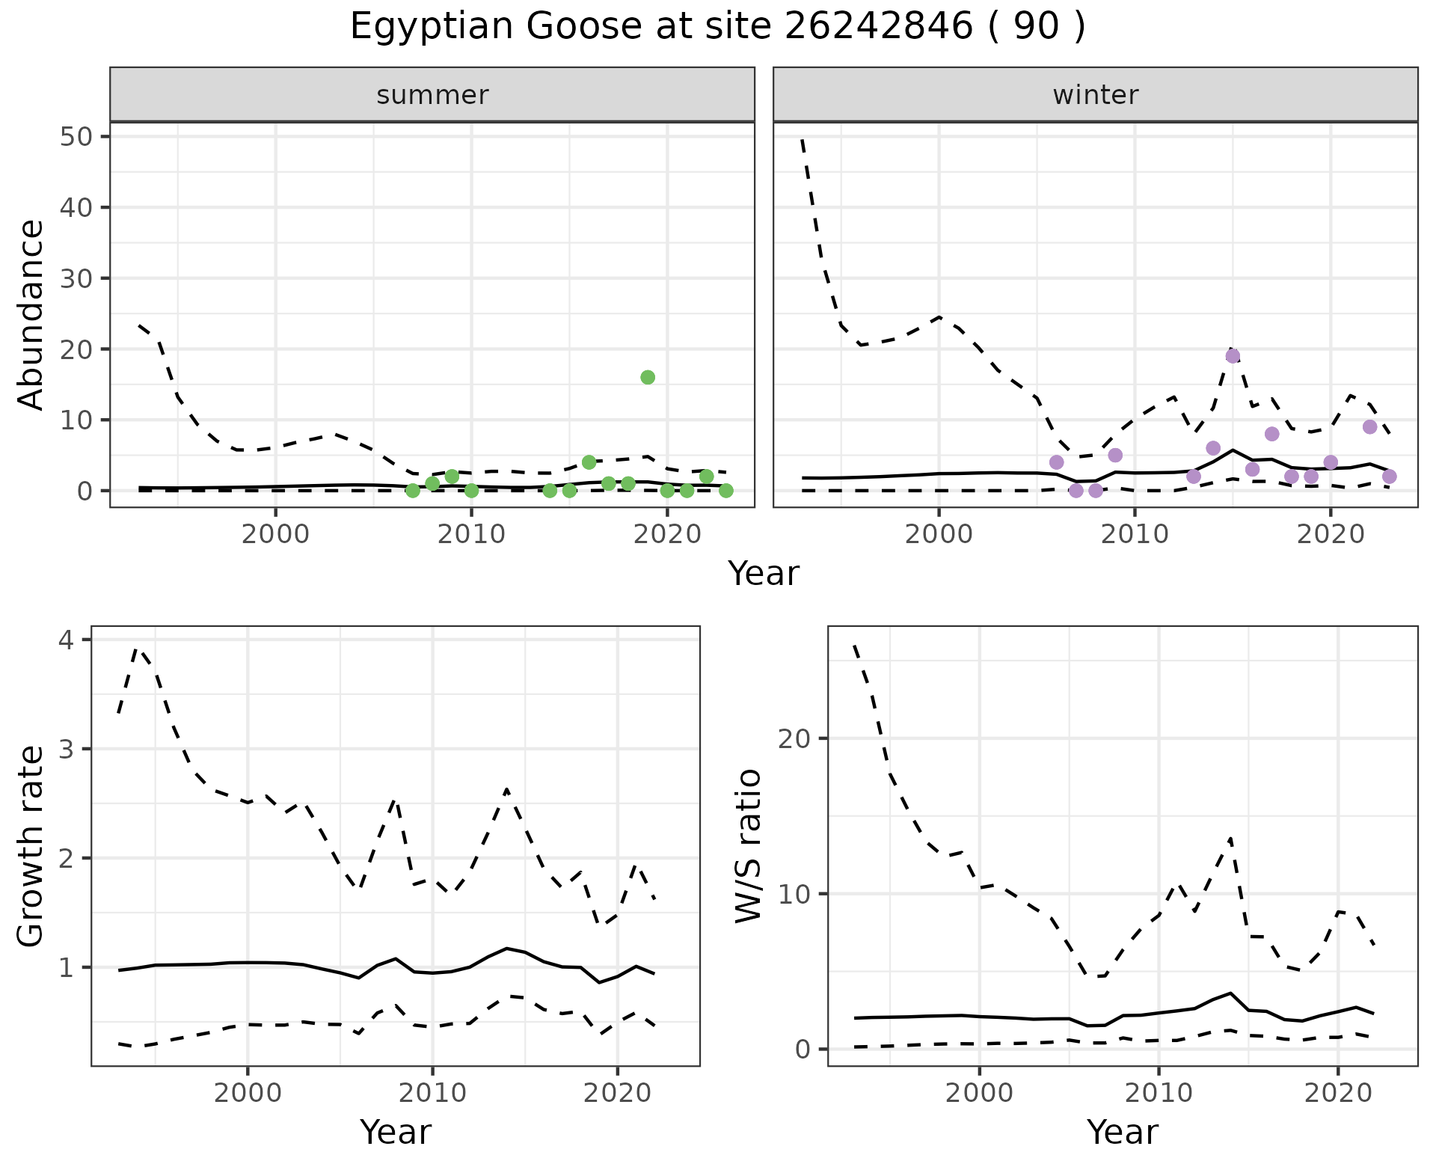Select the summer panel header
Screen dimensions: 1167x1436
pyautogui.click(x=432, y=95)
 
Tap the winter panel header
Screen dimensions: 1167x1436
pyautogui.click(x=1095, y=95)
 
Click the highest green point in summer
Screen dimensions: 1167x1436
pyautogui.click(x=648, y=377)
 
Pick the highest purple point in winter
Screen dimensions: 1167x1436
pyautogui.click(x=1233, y=356)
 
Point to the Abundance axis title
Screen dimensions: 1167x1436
pyautogui.click(x=31, y=314)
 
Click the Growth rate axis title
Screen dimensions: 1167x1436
pyautogui.click(x=31, y=846)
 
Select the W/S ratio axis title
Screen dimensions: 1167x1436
pyautogui.click(x=749, y=846)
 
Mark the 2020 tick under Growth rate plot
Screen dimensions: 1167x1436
pyautogui.click(x=617, y=1093)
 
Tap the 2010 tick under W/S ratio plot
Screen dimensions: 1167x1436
pyautogui.click(x=1159, y=1093)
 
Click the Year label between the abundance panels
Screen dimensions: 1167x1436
pyautogui.click(x=764, y=574)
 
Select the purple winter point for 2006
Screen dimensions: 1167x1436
pyautogui.click(x=1056, y=462)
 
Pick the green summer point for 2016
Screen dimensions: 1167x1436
pyautogui.click(x=589, y=462)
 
